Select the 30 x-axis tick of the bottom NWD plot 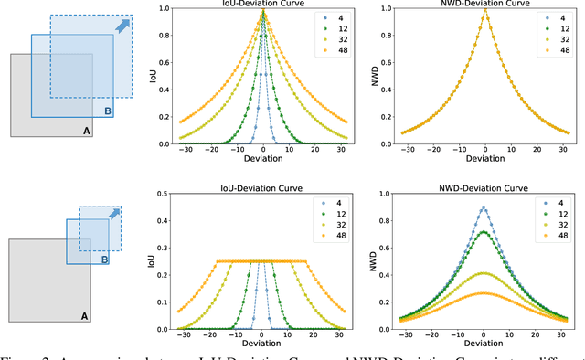[x=562, y=337]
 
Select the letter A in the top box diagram [x=86, y=131]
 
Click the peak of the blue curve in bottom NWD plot [x=484, y=207]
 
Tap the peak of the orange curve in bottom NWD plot [x=484, y=293]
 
